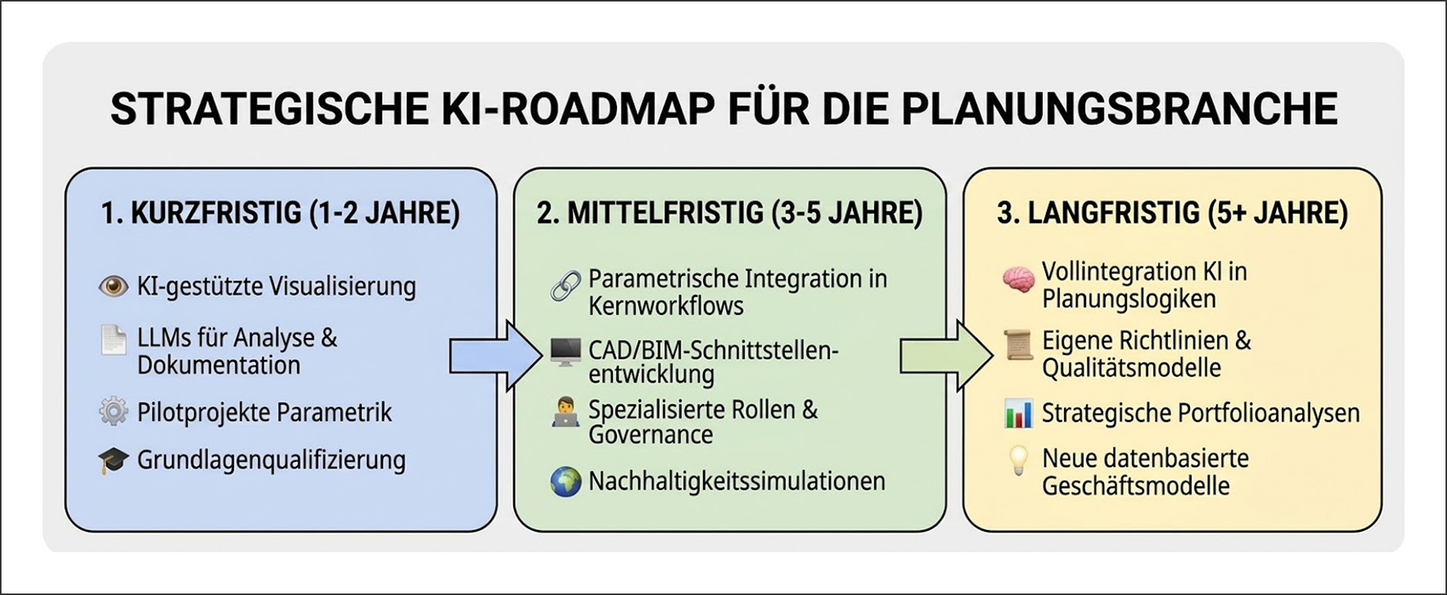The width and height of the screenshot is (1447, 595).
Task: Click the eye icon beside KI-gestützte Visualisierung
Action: pyautogui.click(x=114, y=286)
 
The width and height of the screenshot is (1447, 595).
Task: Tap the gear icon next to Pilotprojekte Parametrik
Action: pyautogui.click(x=114, y=412)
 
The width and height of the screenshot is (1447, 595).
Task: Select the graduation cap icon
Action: pyautogui.click(x=113, y=460)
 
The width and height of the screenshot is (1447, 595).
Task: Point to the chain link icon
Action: pyautogui.click(x=565, y=286)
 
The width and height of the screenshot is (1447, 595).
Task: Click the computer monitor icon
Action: pyautogui.click(x=565, y=352)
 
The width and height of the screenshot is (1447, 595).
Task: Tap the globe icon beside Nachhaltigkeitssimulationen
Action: pyautogui.click(x=565, y=482)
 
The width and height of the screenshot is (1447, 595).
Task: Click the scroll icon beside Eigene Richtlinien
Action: pyautogui.click(x=1018, y=346)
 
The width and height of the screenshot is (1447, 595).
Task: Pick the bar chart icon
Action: pyautogui.click(x=1018, y=414)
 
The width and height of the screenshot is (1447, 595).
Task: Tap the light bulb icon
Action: pyautogui.click(x=1018, y=460)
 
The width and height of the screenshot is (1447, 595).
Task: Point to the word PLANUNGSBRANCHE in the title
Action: pyautogui.click(x=1119, y=108)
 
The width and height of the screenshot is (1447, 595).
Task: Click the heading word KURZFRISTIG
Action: pyautogui.click(x=216, y=213)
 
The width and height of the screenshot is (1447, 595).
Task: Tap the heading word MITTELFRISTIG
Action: pyautogui.click(x=665, y=213)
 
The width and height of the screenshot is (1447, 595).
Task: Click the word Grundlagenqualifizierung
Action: pyautogui.click(x=271, y=460)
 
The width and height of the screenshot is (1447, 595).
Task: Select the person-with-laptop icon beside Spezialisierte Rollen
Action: pyautogui.click(x=565, y=413)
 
